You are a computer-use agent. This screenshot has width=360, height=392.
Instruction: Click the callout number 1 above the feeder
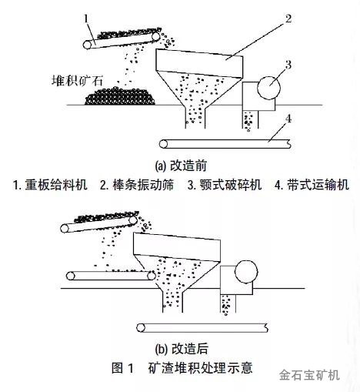pos(86,19)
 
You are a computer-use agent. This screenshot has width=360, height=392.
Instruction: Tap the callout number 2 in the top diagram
pos(288,18)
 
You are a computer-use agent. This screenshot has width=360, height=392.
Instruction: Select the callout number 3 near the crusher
pos(288,65)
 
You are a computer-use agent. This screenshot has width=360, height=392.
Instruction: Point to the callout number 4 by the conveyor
pos(288,119)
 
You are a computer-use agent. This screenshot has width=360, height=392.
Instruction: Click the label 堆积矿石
pos(78,80)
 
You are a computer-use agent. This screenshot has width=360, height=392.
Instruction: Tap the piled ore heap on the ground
pos(120,96)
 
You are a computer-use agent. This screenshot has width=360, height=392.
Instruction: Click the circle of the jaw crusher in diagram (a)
pos(268,88)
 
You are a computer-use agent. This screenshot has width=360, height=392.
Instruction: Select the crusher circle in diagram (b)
pos(246,272)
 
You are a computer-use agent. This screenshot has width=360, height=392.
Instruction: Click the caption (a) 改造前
pos(181,166)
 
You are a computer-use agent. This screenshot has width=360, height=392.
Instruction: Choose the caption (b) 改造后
pos(182,349)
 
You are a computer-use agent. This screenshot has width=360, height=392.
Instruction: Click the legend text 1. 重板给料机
pos(50,185)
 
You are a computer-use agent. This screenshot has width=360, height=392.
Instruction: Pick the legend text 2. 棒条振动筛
pos(137,185)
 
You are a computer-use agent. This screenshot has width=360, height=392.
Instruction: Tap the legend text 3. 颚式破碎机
pos(225,185)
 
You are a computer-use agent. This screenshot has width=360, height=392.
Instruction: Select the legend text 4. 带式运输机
pos(312,185)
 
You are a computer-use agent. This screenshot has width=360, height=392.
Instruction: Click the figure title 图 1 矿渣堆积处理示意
pos(182,368)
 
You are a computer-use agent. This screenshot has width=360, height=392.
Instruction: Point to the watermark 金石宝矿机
pos(309,375)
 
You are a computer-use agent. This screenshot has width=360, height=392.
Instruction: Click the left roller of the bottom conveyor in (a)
pos(163,144)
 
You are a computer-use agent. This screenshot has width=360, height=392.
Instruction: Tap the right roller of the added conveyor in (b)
pos(152,276)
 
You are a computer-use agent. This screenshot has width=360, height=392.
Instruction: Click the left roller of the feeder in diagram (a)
pos(88,45)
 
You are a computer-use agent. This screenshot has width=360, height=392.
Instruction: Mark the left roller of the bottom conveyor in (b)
pos(141,328)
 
